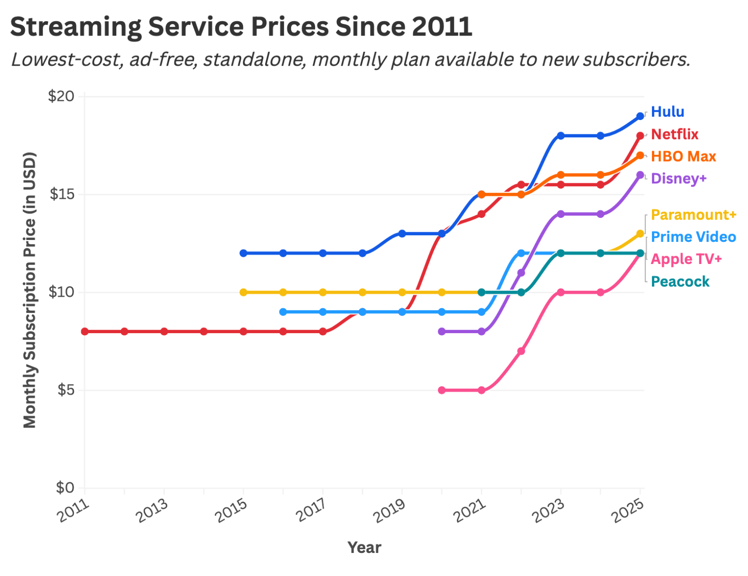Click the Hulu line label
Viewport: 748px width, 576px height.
[667, 112]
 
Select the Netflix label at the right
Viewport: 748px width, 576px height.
[674, 134]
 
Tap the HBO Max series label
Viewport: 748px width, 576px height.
[683, 156]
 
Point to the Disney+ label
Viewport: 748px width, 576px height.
[678, 179]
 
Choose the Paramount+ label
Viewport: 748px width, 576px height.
[693, 215]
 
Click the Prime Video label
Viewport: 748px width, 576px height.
[693, 237]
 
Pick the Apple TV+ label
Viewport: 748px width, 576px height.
[686, 259]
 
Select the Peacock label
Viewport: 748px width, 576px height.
[680, 281]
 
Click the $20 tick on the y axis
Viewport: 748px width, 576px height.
[61, 96]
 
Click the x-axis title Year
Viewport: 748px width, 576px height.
[364, 547]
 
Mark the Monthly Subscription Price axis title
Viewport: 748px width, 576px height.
[30, 289]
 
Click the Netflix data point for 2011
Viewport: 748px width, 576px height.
[85, 331]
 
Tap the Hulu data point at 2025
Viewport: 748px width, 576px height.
[640, 116]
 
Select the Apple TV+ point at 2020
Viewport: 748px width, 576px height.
[442, 390]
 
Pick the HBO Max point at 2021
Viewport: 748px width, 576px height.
[481, 194]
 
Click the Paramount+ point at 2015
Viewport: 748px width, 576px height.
[244, 292]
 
